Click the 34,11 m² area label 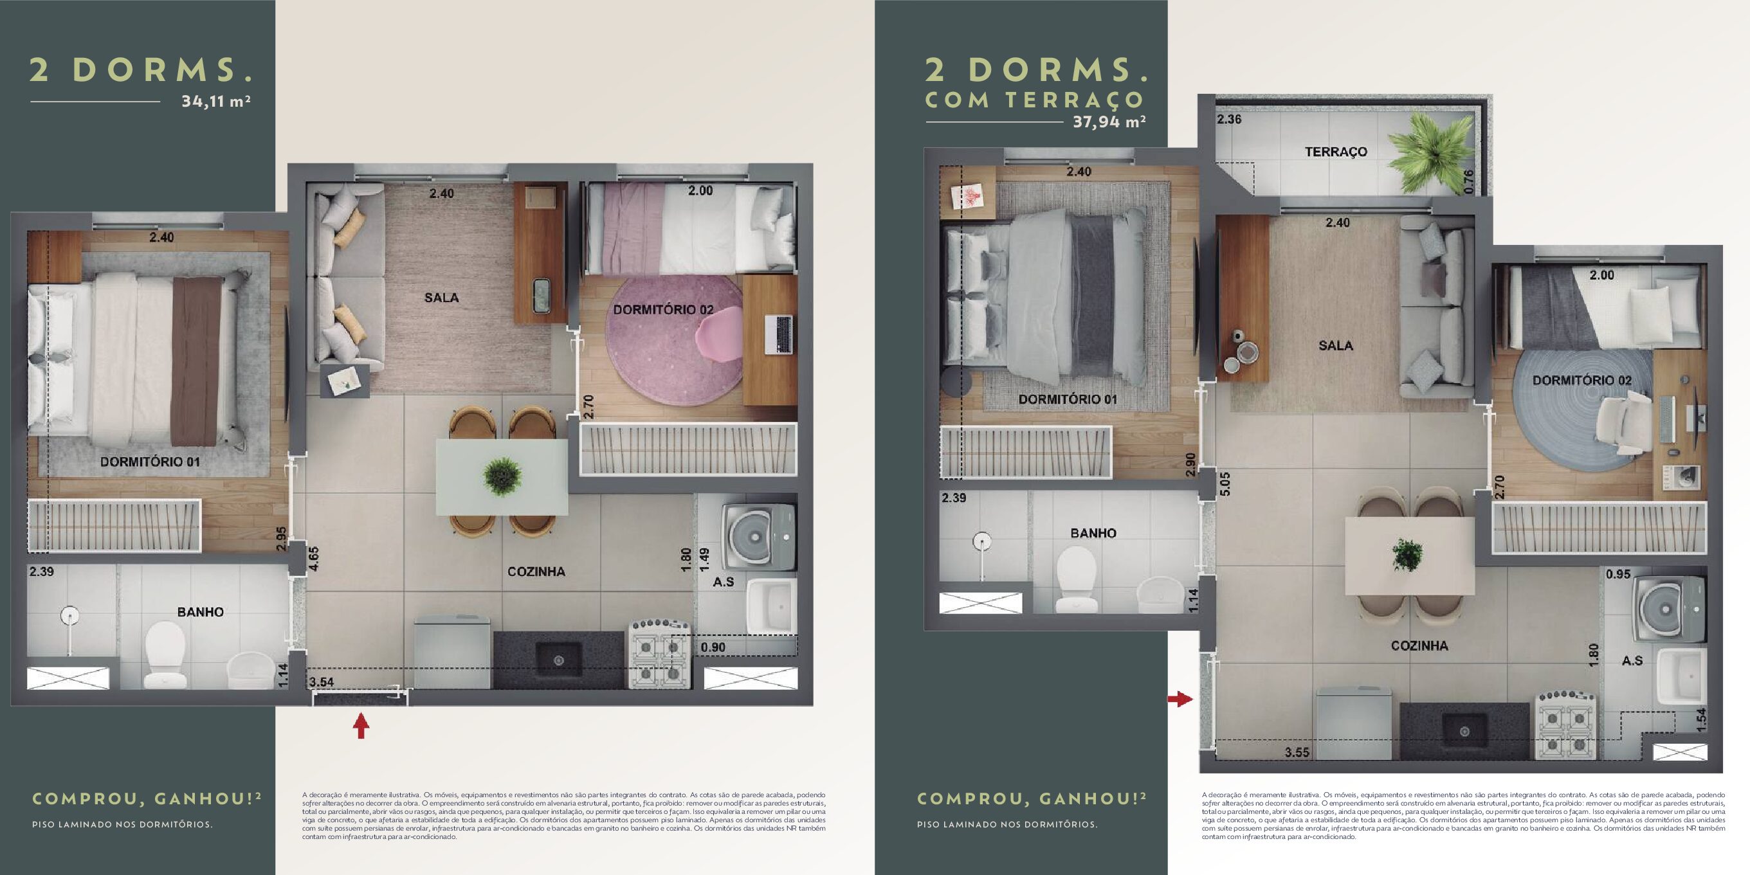(216, 102)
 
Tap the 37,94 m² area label (1109, 122)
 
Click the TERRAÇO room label (1336, 152)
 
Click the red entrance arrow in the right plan (1180, 698)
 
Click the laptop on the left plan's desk (779, 334)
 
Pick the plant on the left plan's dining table (503, 476)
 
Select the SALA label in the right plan (1336, 346)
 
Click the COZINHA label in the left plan (536, 572)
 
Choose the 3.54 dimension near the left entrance (322, 681)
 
